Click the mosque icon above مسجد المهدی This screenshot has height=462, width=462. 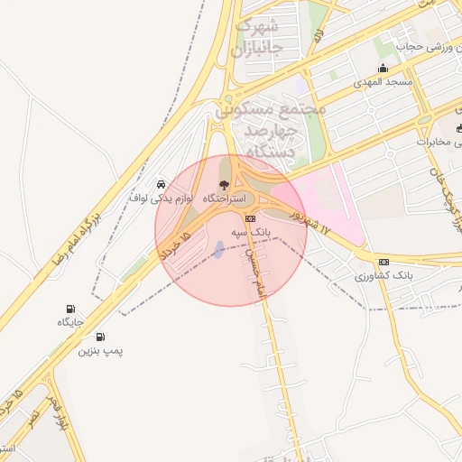(383, 69)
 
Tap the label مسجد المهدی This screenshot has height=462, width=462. (387, 82)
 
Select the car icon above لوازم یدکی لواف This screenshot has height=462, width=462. (161, 183)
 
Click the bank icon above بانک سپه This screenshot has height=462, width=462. (250, 218)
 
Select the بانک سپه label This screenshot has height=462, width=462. (251, 232)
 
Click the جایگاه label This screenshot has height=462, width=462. (70, 322)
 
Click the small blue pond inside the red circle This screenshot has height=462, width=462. (217, 249)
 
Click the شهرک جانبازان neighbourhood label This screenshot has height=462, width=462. (256, 36)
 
